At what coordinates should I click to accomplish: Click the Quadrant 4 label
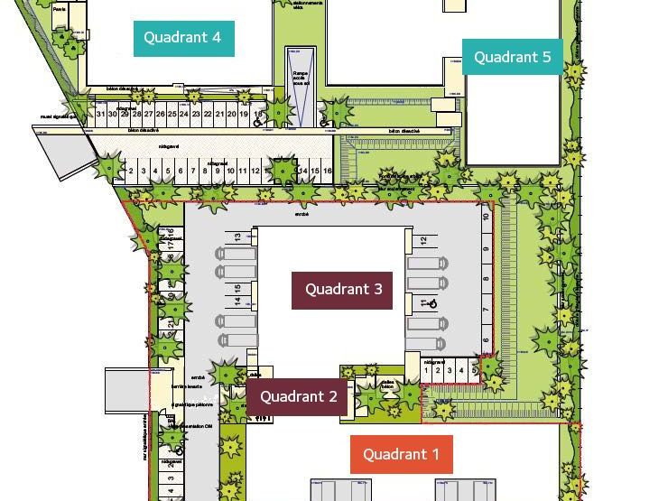(x=184, y=38)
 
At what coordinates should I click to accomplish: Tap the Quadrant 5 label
(x=512, y=57)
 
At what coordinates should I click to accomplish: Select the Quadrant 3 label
(x=343, y=290)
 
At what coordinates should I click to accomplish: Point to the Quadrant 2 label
(x=298, y=396)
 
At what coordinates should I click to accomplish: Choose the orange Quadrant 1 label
(x=401, y=454)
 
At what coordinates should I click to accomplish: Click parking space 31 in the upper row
(x=100, y=115)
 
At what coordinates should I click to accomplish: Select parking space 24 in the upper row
(x=184, y=115)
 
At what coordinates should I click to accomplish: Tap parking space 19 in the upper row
(x=244, y=115)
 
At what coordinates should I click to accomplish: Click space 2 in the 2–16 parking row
(x=132, y=171)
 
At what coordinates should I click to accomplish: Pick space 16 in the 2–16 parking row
(x=328, y=171)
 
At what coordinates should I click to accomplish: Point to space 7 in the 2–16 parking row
(x=193, y=171)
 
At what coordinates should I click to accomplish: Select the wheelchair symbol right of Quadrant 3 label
(x=432, y=304)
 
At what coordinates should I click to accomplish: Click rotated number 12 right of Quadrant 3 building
(x=423, y=242)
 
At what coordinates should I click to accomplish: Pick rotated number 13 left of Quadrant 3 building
(x=238, y=237)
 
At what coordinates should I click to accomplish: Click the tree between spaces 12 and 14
(x=283, y=171)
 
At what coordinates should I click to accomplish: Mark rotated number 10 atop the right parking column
(x=486, y=217)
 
